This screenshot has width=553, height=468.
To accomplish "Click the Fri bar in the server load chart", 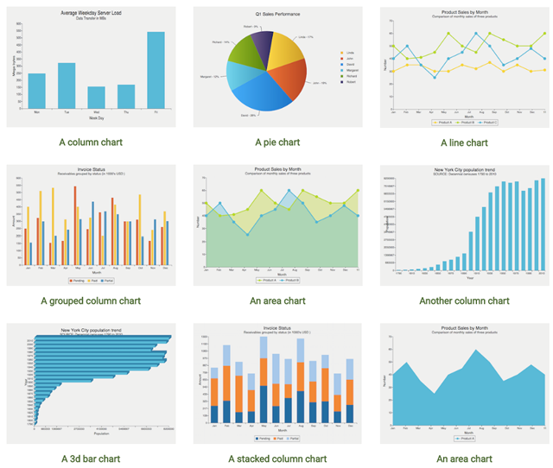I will (156, 71).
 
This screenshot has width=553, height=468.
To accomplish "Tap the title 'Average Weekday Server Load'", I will (91, 13).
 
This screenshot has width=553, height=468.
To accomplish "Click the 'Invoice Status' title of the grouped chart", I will (91, 169).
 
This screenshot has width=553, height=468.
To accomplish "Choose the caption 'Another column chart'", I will (464, 301).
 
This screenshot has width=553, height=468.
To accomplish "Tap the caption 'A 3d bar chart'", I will (91, 459).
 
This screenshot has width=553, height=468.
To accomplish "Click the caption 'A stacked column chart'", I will (276, 459).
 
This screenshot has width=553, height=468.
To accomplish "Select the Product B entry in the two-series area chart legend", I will (291, 281).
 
